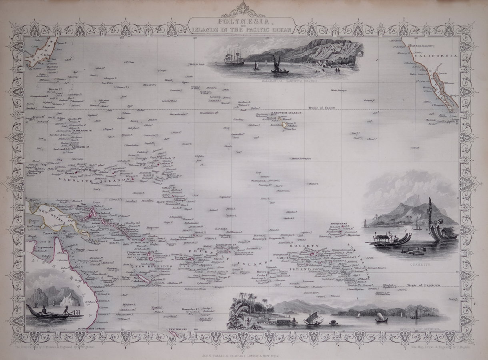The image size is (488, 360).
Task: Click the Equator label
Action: [x=225, y=196]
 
